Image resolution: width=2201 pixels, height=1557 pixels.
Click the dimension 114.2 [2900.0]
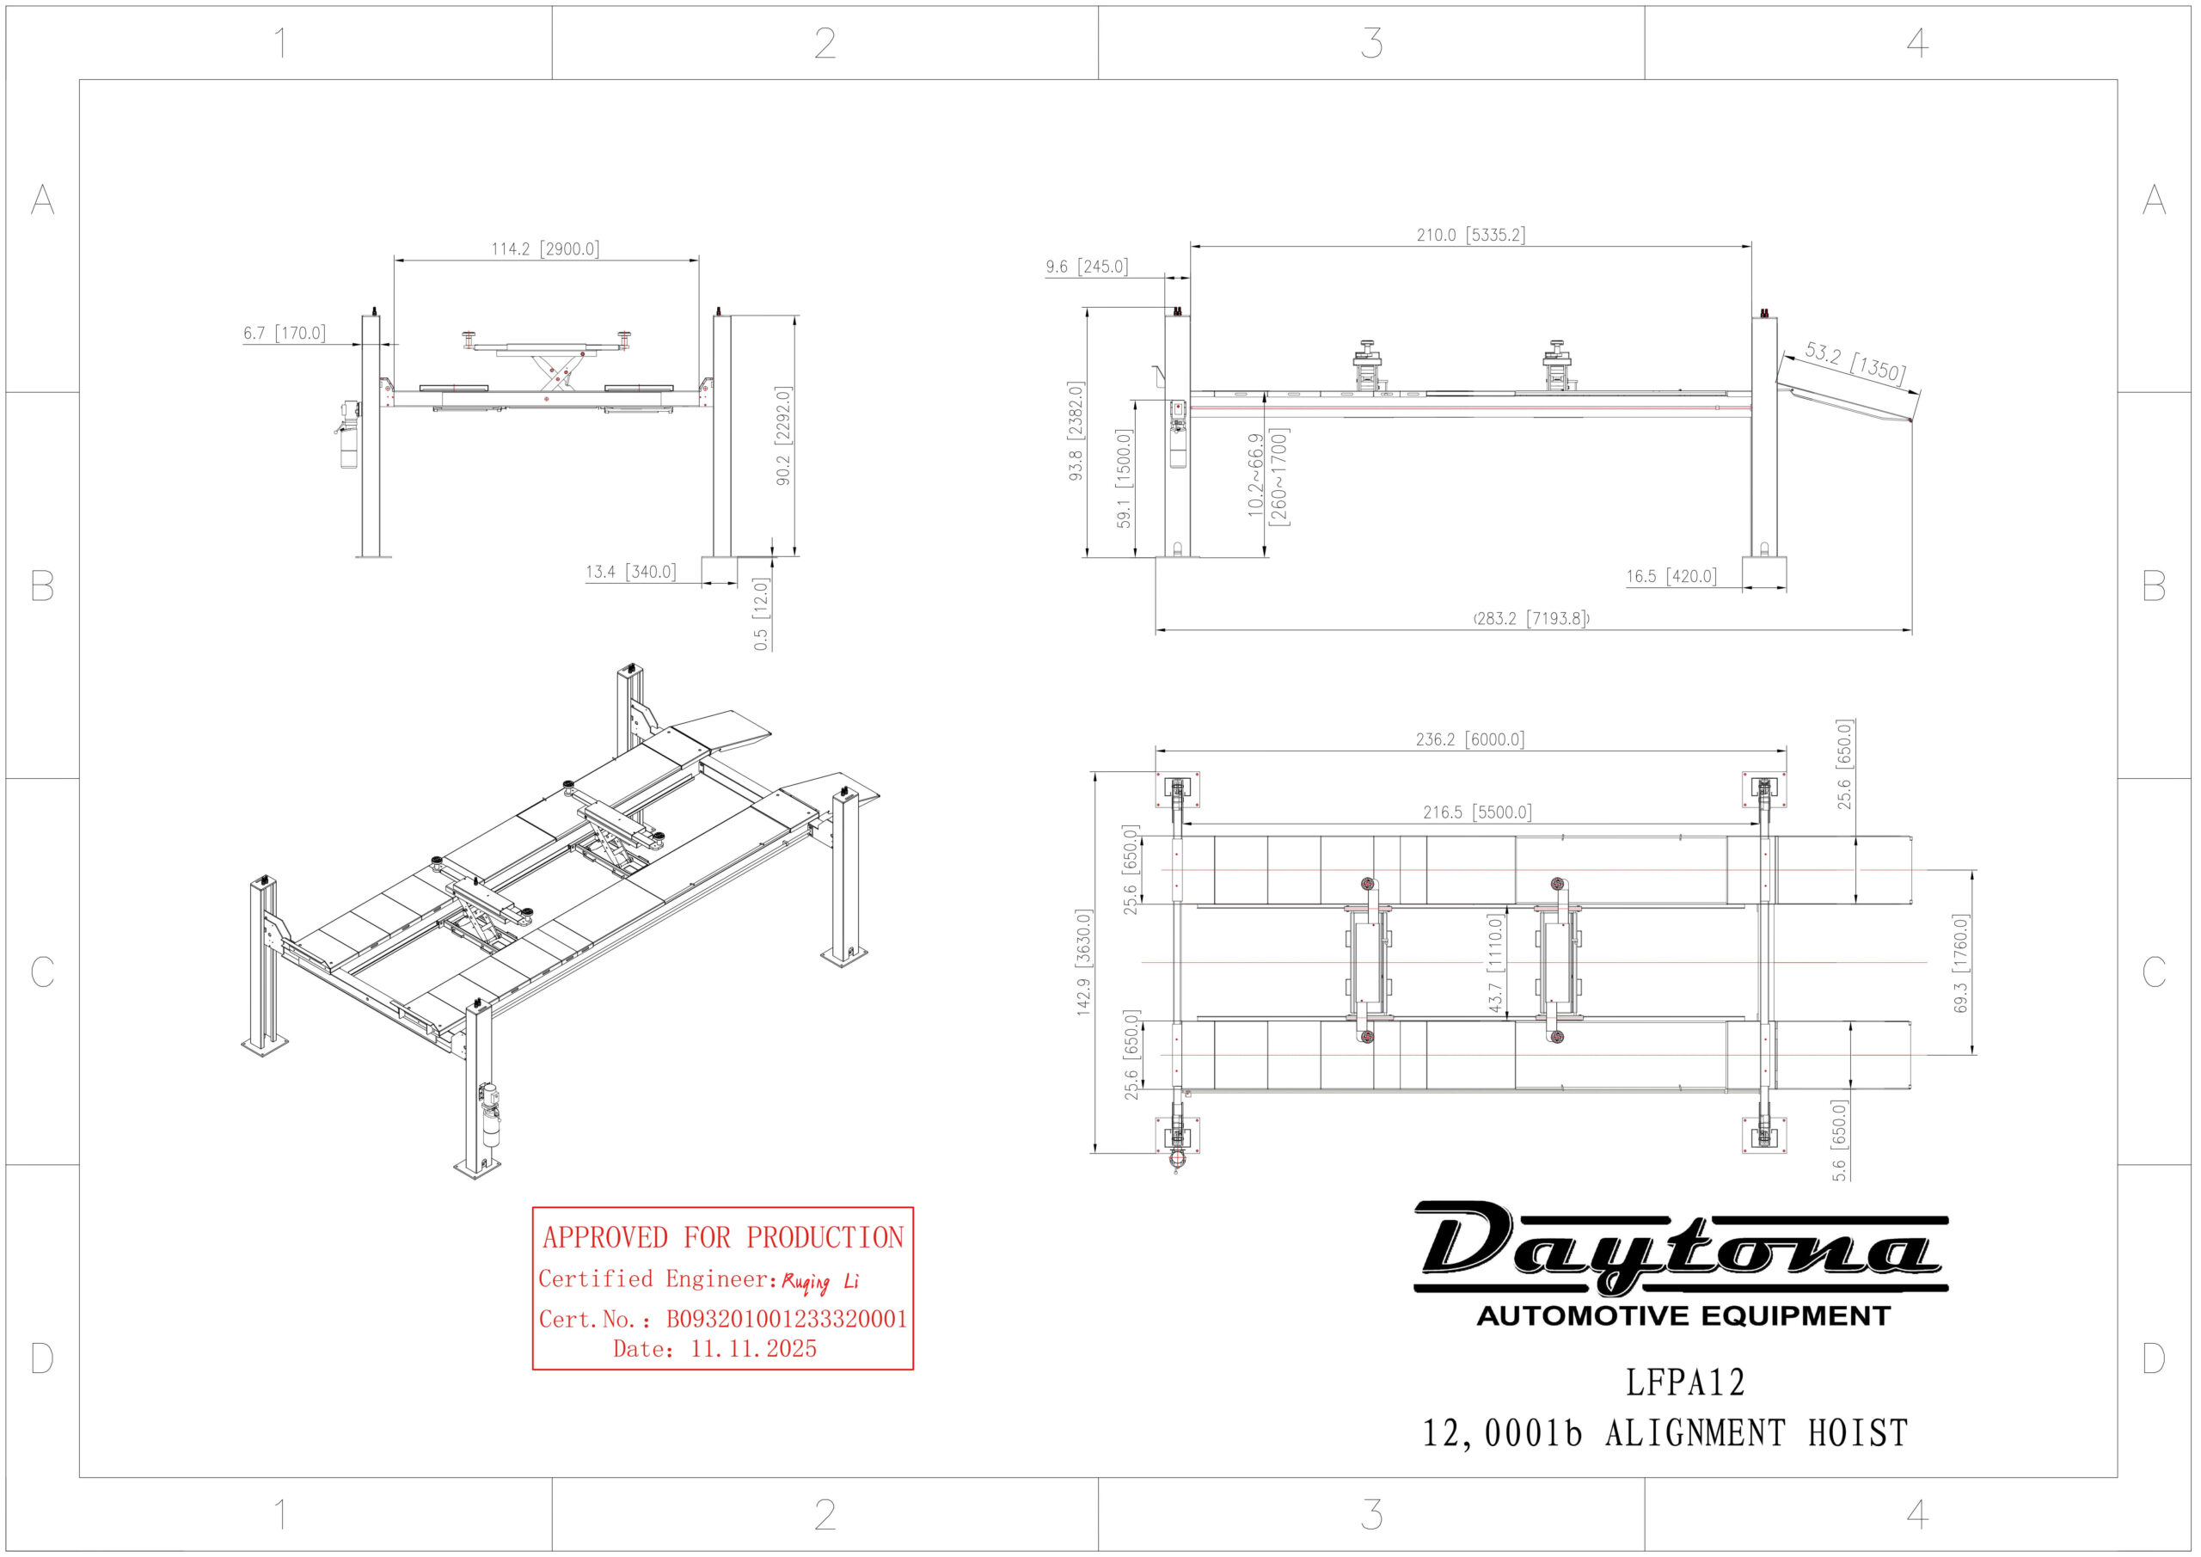[x=544, y=249]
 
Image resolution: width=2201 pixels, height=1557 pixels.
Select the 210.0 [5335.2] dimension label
[x=1470, y=235]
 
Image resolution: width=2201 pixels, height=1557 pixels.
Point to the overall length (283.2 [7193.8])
[x=1531, y=618]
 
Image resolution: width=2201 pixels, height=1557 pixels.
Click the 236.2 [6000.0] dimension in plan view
[x=1469, y=739]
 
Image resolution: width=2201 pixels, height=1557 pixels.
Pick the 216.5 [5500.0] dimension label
[x=1476, y=812]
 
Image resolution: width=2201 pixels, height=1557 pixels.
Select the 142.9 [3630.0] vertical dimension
[x=1083, y=961]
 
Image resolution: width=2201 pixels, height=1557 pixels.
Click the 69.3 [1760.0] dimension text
[x=1960, y=963]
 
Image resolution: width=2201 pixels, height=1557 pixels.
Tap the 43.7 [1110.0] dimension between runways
[x=1495, y=964]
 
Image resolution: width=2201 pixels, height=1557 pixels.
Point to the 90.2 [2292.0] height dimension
[x=783, y=435]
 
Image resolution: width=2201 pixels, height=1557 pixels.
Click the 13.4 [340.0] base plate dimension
[x=630, y=573]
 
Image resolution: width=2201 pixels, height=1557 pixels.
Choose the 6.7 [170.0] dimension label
[x=284, y=333]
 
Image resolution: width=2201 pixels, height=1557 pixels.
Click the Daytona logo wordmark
[x=1679, y=1247]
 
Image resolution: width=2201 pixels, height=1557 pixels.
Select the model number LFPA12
[x=1684, y=1382]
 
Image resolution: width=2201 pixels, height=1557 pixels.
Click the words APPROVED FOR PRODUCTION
[x=723, y=1238]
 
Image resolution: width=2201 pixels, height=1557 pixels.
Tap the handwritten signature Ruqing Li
[x=819, y=1282]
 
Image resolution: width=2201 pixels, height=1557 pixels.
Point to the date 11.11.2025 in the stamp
[x=752, y=1349]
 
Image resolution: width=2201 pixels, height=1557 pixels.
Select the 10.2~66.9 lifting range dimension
[x=1267, y=476]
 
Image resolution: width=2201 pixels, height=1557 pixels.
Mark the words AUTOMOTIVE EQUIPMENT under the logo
[x=1683, y=1315]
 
